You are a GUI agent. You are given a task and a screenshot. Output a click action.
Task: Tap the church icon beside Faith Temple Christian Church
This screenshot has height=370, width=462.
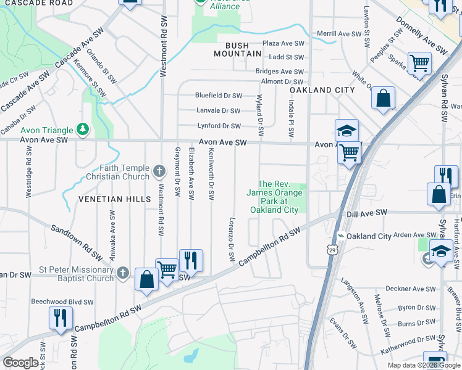tap(159, 171)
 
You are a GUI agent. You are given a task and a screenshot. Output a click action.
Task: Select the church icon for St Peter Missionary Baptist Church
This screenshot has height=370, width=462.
tap(123, 273)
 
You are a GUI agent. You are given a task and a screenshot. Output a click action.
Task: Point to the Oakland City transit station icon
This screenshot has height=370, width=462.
tap(340, 236)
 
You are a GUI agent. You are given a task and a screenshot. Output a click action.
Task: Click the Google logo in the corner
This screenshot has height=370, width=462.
tap(22, 363)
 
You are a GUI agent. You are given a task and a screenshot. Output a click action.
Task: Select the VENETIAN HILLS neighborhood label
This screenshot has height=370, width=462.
tap(114, 199)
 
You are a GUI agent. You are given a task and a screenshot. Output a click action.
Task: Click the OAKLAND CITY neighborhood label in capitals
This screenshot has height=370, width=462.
tap(322, 90)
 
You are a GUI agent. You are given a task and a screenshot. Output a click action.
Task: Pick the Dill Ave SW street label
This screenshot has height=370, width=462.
tap(367, 212)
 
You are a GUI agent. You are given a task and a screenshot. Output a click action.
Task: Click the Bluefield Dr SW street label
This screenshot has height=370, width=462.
tap(218, 96)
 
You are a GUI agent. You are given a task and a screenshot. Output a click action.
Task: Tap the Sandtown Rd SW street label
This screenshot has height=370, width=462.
tap(77, 241)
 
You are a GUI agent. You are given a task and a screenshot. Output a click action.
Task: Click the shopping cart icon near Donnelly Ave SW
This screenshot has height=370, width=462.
tap(419, 63)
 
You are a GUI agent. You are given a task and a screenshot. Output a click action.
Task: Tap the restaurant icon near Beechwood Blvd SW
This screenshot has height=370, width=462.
tap(60, 318)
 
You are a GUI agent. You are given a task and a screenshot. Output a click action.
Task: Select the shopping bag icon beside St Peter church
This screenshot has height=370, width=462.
tap(146, 279)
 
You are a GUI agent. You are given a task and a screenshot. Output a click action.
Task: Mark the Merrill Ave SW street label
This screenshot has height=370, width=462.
tap(338, 33)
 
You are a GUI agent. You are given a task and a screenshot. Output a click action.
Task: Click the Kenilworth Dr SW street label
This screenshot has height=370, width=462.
tap(211, 173)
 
